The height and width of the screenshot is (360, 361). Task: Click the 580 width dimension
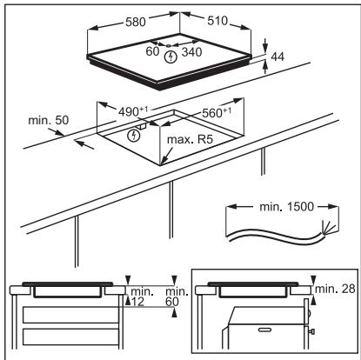point(136,22)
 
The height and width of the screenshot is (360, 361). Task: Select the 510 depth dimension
point(217,21)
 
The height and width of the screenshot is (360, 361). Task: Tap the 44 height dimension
point(277,57)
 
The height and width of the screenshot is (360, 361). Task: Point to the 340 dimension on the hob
point(191,52)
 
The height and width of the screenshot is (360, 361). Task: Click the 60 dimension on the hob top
point(152,51)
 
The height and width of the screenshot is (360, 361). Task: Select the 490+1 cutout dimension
point(133,111)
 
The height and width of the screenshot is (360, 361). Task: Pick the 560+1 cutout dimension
point(217,112)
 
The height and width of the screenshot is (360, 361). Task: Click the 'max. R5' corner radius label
point(190,139)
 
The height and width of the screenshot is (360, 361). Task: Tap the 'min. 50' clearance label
point(49,120)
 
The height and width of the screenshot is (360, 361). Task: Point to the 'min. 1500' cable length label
point(286,207)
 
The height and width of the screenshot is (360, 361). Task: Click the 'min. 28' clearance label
point(335,289)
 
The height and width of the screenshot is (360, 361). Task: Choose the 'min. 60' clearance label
point(177,297)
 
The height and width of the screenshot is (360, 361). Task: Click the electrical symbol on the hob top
point(170,57)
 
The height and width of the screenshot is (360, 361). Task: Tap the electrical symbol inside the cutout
point(134,136)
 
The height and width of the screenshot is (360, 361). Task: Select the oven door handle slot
point(264,330)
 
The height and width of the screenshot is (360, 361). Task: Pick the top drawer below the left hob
point(70,315)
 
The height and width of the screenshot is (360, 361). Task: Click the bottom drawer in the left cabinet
point(70,337)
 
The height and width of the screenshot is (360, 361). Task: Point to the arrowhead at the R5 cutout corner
point(163,162)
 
